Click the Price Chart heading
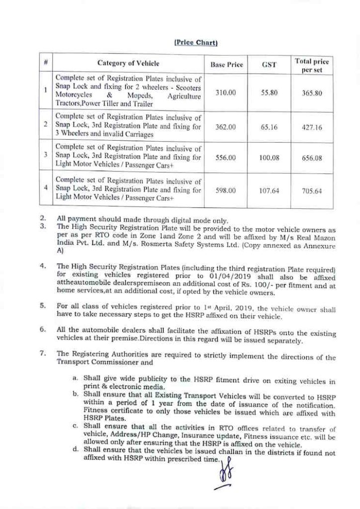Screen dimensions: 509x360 click(196, 43)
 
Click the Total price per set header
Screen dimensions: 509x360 click(312, 66)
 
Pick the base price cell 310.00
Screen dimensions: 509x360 click(226, 92)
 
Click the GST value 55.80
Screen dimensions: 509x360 click(269, 92)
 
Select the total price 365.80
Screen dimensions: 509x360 click(312, 93)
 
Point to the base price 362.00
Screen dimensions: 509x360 click(226, 127)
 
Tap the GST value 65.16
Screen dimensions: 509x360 click(269, 127)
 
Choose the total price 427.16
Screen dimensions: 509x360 click(312, 127)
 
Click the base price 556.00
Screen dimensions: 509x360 click(226, 158)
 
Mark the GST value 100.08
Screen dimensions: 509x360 click(269, 158)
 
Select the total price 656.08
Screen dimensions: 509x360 click(312, 158)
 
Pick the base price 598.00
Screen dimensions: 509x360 click(226, 189)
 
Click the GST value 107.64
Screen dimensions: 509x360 click(269, 189)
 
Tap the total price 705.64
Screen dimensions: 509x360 click(312, 190)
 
